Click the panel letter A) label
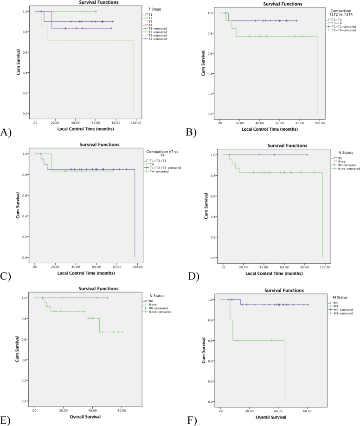(6, 132)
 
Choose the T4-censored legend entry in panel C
(156, 172)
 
